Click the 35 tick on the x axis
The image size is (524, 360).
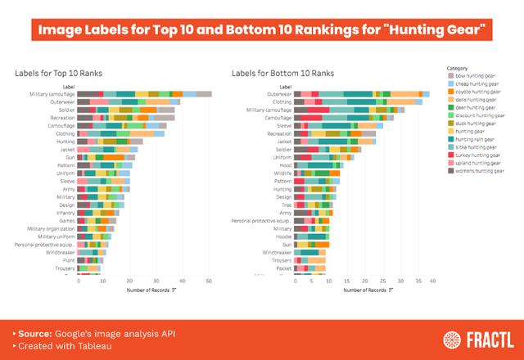[x=418, y=281]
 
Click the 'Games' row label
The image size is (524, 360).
[x=67, y=220]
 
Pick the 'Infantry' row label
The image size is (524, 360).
[x=65, y=212]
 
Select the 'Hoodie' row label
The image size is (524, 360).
[x=283, y=236]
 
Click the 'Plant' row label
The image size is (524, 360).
[x=69, y=259]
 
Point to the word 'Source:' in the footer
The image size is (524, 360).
[x=34, y=334]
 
